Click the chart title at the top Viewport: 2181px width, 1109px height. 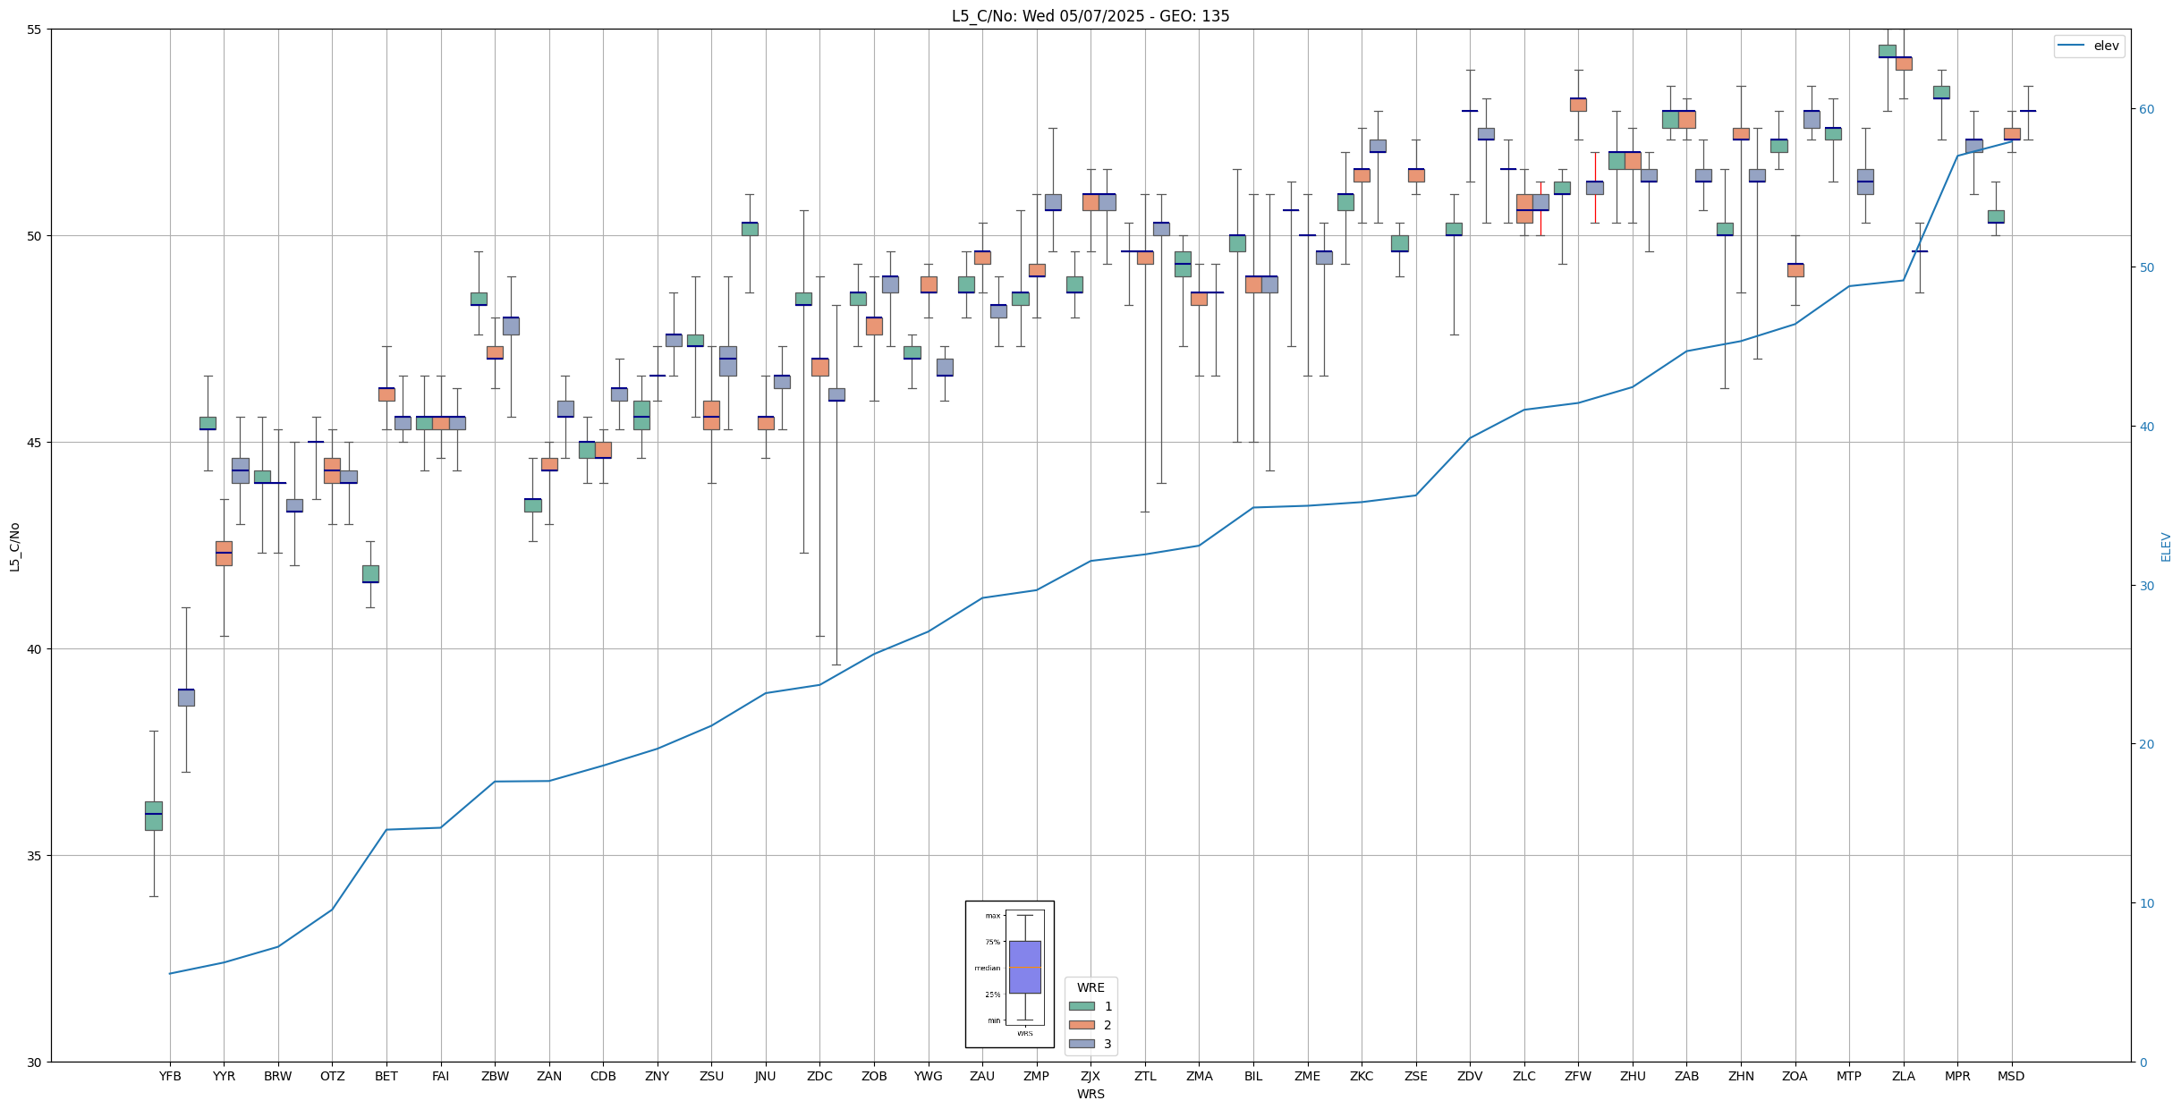click(x=1090, y=16)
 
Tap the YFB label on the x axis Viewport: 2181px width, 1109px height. click(x=170, y=1076)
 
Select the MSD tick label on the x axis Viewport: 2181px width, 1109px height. click(x=2011, y=1076)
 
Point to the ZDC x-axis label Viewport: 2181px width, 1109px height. click(x=819, y=1076)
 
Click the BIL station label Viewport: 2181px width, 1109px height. click(x=1252, y=1076)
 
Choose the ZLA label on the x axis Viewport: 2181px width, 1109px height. click(x=1903, y=1076)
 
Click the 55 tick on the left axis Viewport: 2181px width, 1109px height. click(x=36, y=30)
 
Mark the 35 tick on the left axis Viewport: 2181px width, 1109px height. click(x=36, y=856)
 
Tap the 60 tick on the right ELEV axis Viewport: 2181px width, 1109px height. click(x=2145, y=109)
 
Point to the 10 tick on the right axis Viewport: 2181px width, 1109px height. click(x=2145, y=903)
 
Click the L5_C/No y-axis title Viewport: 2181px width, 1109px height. click(x=14, y=546)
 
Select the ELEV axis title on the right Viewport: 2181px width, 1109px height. click(x=2166, y=546)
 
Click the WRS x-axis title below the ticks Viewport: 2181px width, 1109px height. click(x=1090, y=1094)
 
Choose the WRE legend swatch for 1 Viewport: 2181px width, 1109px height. click(x=1082, y=1006)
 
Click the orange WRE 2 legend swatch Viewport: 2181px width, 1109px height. click(x=1082, y=1025)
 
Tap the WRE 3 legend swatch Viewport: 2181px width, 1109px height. click(x=1082, y=1044)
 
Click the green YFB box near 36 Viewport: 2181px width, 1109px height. click(x=154, y=816)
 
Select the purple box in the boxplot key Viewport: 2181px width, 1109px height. click(x=1024, y=967)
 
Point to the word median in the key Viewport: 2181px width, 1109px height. click(x=987, y=969)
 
